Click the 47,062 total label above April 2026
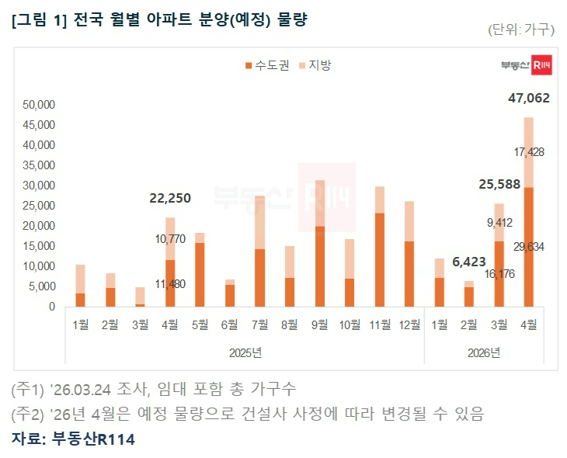pyautogui.click(x=528, y=99)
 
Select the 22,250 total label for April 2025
pyautogui.click(x=170, y=199)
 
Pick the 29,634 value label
pyautogui.click(x=528, y=247)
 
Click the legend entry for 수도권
pyautogui.click(x=267, y=66)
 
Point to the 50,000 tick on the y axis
pyautogui.click(x=39, y=105)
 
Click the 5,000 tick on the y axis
pyautogui.click(x=41, y=286)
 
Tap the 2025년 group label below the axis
pyautogui.click(x=245, y=352)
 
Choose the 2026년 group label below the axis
pyautogui.click(x=483, y=352)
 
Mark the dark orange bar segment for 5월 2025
pyautogui.click(x=200, y=274)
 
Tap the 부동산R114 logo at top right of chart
pyautogui.click(x=526, y=67)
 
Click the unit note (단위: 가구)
pyautogui.click(x=521, y=29)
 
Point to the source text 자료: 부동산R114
pyautogui.click(x=74, y=439)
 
